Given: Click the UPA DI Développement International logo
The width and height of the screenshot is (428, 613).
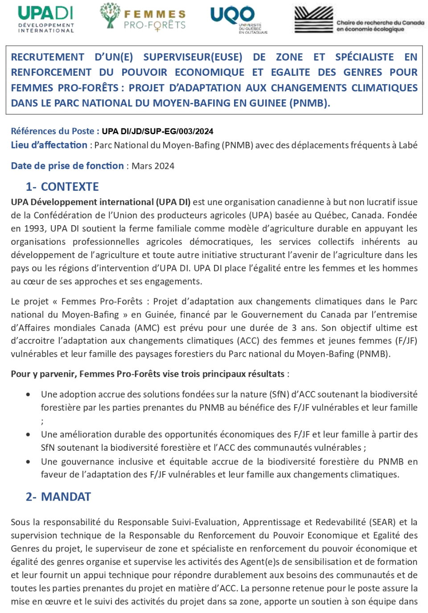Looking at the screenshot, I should [x=46, y=19].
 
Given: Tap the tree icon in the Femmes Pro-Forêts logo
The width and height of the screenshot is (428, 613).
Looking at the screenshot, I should [x=110, y=15].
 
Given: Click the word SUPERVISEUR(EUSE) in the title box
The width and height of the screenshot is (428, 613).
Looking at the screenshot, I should [x=193, y=57].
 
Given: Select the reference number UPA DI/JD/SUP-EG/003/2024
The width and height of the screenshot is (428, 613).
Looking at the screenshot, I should [x=157, y=132].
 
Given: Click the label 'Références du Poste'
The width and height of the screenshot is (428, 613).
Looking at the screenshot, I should [x=53, y=131].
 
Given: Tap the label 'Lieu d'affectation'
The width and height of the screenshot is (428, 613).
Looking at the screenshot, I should [x=49, y=145].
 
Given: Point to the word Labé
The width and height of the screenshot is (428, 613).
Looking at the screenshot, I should [x=408, y=145].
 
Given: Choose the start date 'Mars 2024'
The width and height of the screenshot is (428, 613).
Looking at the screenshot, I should [x=153, y=166].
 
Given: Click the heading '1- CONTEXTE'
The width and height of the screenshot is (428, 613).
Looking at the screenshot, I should [x=62, y=187].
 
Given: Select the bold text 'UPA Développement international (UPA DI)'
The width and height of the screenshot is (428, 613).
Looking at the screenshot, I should [x=100, y=202].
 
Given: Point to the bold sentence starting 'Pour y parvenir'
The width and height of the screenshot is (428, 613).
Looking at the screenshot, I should [x=148, y=374].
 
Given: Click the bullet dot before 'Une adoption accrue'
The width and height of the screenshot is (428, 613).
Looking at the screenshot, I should [x=29, y=395].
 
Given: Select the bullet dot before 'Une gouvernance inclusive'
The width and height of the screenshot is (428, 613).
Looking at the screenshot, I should [x=29, y=462].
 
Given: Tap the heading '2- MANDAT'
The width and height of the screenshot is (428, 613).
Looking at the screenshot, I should [x=58, y=497].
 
